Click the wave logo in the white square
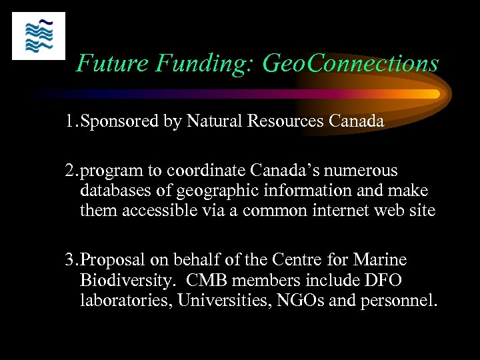pyautogui.click(x=39, y=36)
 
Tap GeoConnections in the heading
pyautogui.click(x=351, y=63)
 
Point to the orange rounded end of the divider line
pyautogui.click(x=433, y=94)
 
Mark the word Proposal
pyautogui.click(x=113, y=260)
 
